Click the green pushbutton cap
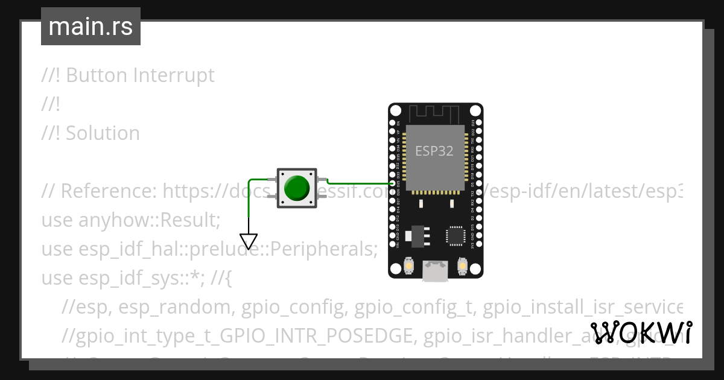coord(296,188)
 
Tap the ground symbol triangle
coord(249,241)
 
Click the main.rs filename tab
coord(91,27)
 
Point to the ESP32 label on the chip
coord(434,150)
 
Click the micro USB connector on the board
coord(435,271)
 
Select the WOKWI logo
coord(641,332)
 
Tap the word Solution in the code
coord(103,133)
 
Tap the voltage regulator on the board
coord(416,236)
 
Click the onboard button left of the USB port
coord(409,266)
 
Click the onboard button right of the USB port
coord(463,266)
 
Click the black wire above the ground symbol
coord(249,223)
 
